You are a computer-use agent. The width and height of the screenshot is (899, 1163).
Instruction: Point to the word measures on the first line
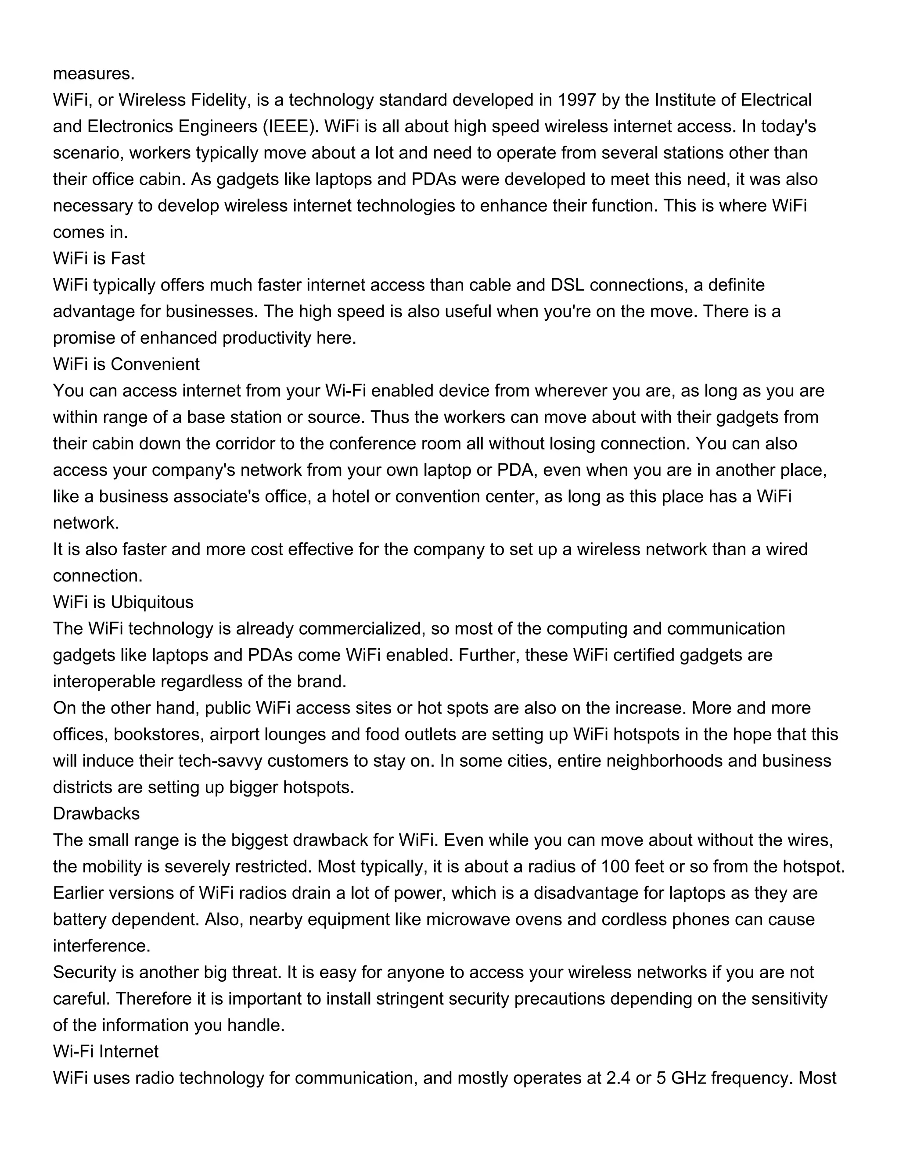point(94,73)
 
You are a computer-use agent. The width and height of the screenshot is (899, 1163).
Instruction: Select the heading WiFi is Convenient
point(126,364)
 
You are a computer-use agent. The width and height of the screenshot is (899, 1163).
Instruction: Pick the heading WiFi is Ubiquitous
point(123,602)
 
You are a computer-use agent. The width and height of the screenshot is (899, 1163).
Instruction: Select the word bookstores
point(158,735)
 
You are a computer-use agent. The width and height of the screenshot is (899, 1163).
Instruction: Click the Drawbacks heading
point(97,814)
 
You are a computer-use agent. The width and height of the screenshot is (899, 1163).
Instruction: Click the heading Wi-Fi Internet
point(105,1052)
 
